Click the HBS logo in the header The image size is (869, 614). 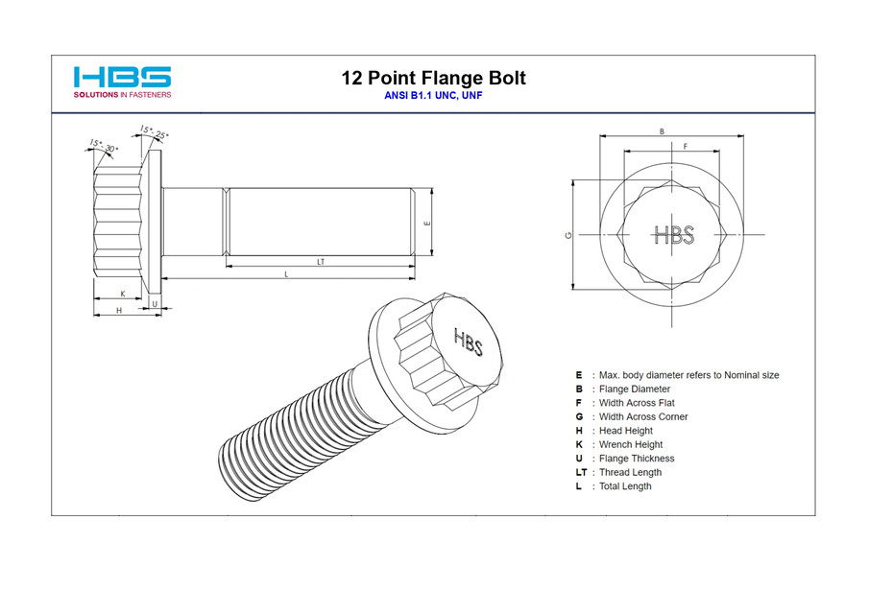click(x=122, y=77)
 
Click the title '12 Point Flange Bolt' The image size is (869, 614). click(x=433, y=79)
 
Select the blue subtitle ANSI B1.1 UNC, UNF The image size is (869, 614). click(x=433, y=97)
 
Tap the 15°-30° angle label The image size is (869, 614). click(x=103, y=146)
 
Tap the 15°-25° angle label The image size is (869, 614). click(x=154, y=131)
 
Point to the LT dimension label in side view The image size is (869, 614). click(x=321, y=261)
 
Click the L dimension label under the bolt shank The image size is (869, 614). click(x=286, y=274)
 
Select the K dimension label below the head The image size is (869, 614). click(x=122, y=293)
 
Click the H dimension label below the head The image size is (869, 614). click(x=118, y=310)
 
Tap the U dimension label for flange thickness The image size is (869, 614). click(x=155, y=303)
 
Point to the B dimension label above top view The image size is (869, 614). click(x=661, y=131)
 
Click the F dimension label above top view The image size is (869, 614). click(x=685, y=146)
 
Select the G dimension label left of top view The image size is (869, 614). click(x=568, y=234)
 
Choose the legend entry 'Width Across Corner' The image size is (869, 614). click(x=642, y=417)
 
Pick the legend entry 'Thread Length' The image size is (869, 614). click(x=630, y=472)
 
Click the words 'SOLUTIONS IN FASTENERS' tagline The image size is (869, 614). click(x=122, y=95)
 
